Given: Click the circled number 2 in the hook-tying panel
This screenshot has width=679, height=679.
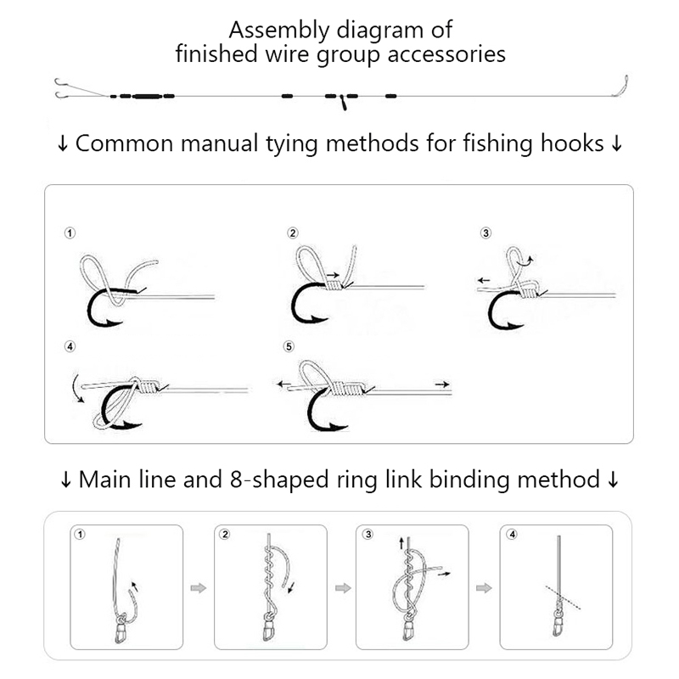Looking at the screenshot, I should pyautogui.click(x=293, y=233).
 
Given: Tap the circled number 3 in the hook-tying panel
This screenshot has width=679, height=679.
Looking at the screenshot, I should pyautogui.click(x=485, y=233).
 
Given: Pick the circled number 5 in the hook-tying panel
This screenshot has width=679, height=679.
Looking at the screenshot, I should pyautogui.click(x=289, y=346).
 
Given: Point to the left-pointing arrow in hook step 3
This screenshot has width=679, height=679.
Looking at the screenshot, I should pyautogui.click(x=483, y=278).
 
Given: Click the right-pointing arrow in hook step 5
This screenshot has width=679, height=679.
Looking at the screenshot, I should pyautogui.click(x=440, y=384).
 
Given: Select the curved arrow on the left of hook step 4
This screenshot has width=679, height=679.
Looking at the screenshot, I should pyautogui.click(x=77, y=385).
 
